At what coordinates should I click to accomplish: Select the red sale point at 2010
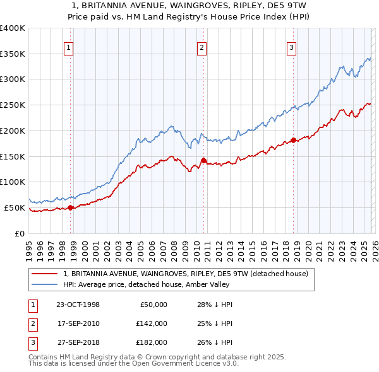pyautogui.click(x=203, y=160)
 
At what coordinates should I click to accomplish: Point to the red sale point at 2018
pyautogui.click(x=294, y=140)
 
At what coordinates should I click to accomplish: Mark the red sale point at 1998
pyautogui.click(x=71, y=207)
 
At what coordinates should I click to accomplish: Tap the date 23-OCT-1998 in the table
pyautogui.click(x=78, y=305)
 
